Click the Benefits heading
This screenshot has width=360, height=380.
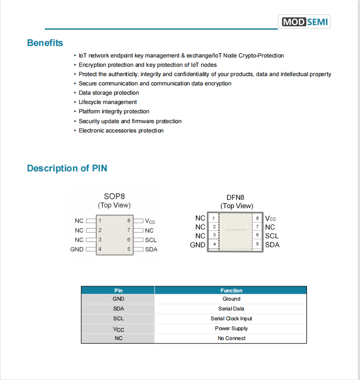click(45, 43)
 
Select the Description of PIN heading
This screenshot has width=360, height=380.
click(67, 168)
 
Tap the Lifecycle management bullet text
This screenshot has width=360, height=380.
click(108, 102)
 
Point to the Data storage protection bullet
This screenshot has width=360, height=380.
click(109, 93)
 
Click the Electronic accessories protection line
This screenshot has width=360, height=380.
click(121, 131)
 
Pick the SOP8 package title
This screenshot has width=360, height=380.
click(114, 197)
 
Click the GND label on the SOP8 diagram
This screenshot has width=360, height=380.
click(77, 249)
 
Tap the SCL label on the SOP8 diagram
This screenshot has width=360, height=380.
click(151, 240)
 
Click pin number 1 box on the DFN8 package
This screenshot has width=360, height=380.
click(213, 218)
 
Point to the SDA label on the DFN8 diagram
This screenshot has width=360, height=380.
click(272, 245)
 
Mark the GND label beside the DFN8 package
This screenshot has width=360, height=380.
click(198, 245)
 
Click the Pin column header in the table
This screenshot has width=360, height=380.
click(118, 291)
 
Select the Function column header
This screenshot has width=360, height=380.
click(231, 291)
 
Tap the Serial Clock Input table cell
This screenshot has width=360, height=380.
click(231, 319)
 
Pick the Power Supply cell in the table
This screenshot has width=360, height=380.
click(231, 329)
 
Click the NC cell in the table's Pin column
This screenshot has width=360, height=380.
click(118, 338)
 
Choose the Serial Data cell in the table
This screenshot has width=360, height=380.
click(231, 309)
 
